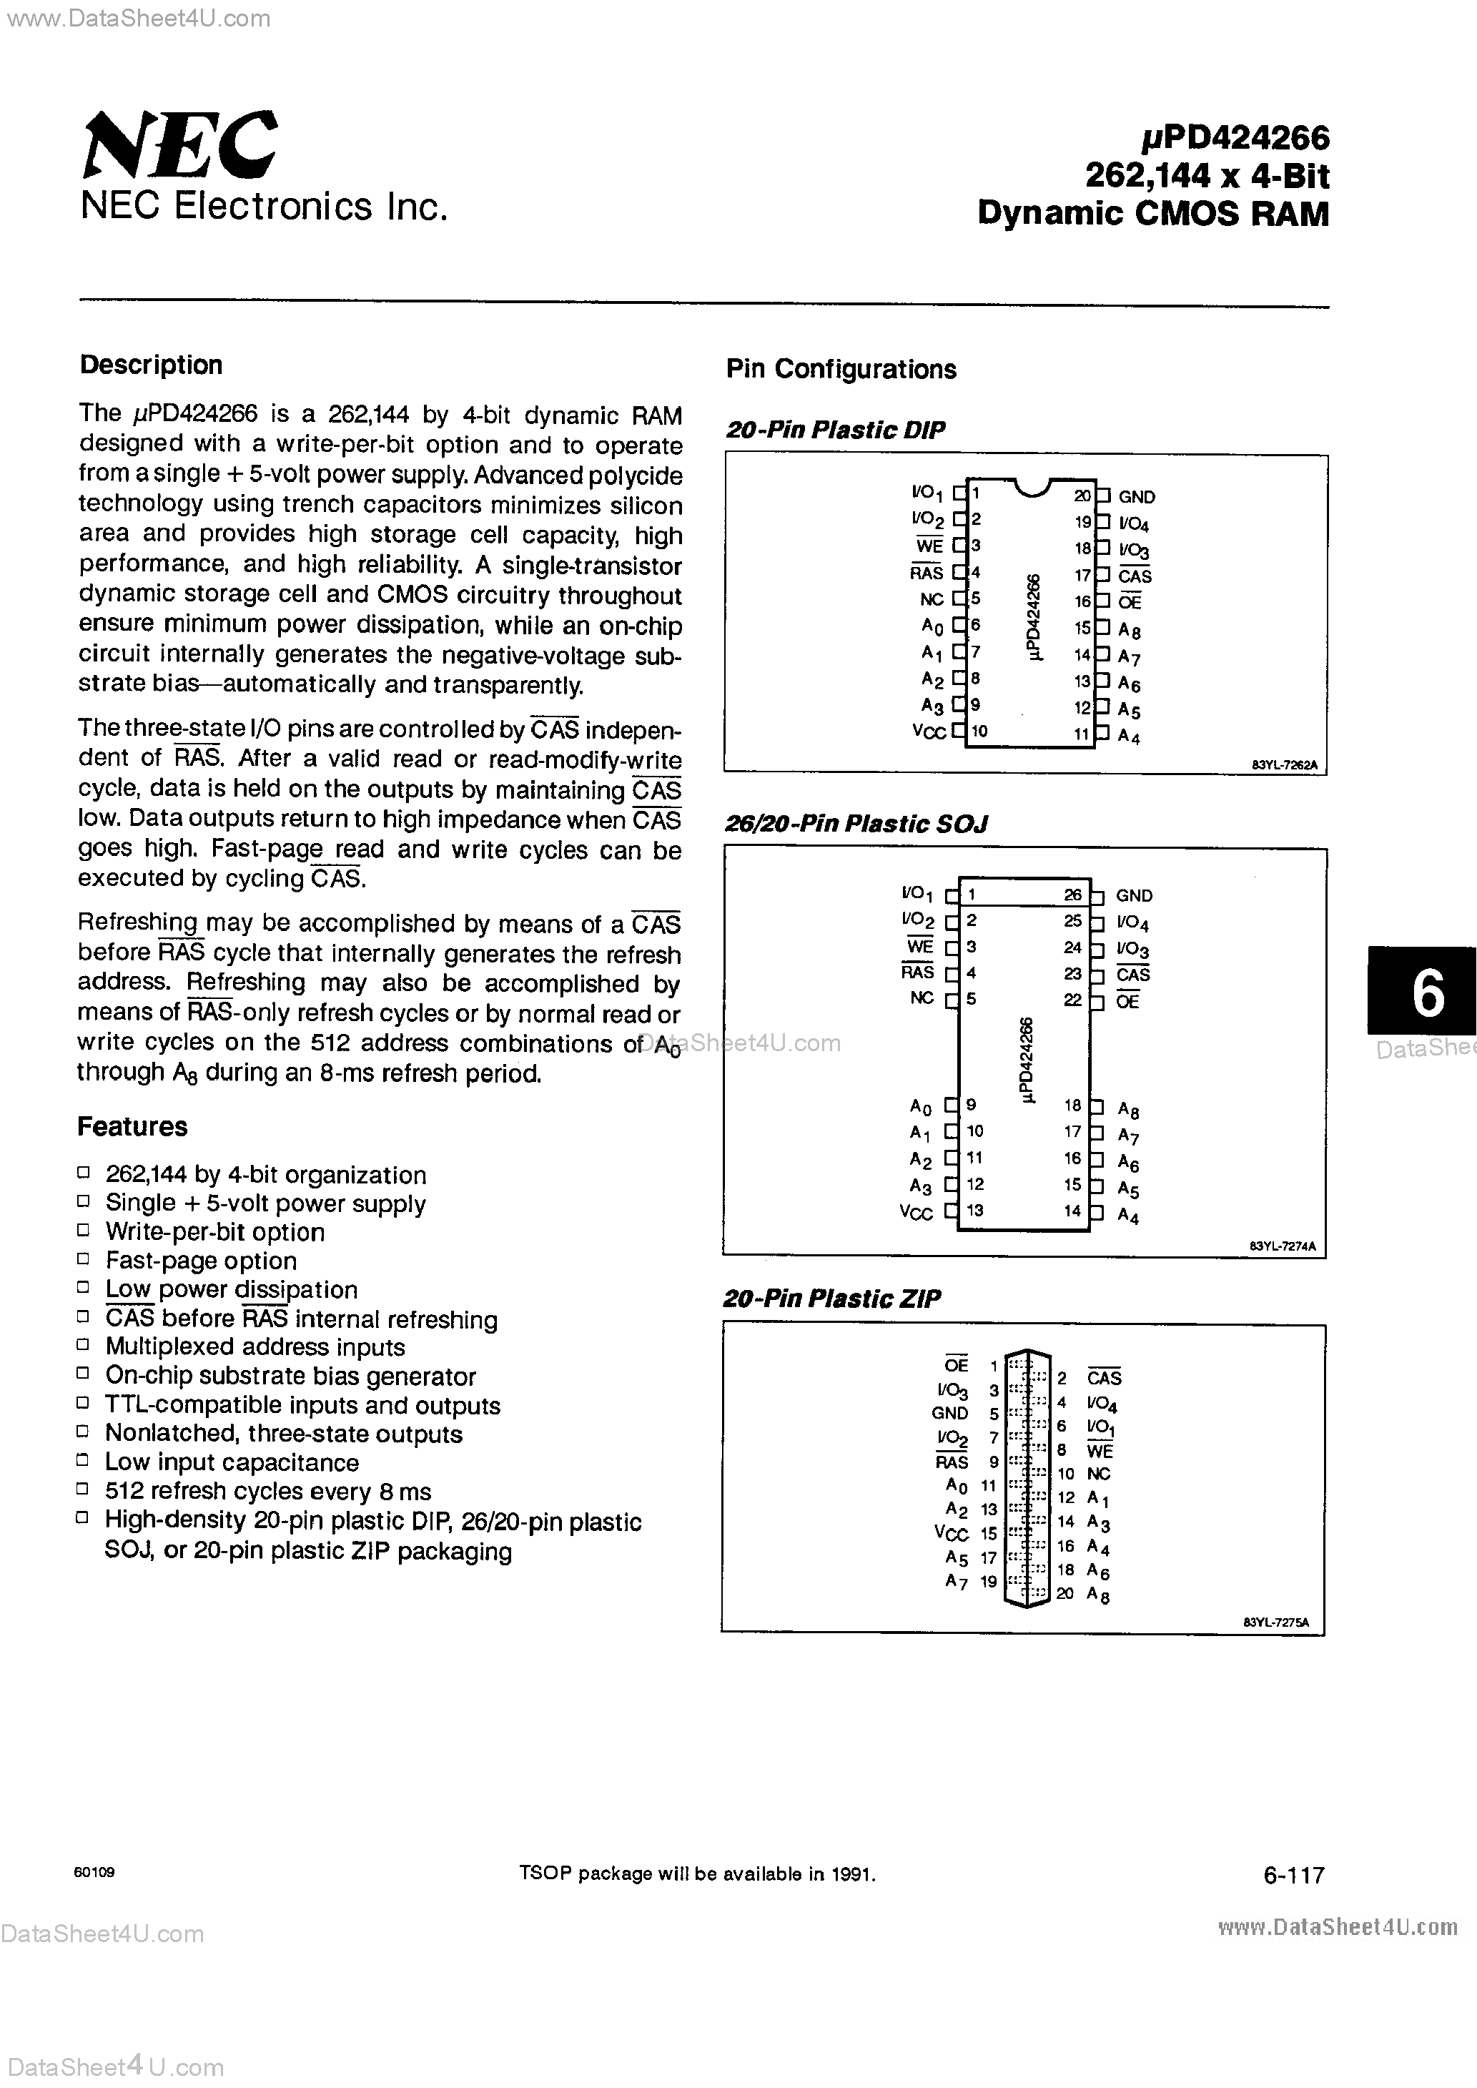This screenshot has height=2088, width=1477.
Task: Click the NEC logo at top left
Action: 180,145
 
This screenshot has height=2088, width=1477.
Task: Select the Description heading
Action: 151,365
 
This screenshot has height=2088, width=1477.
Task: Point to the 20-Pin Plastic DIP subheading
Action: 835,430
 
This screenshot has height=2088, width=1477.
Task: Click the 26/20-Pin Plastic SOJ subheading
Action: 856,824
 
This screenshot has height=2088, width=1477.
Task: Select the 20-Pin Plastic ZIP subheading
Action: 831,1299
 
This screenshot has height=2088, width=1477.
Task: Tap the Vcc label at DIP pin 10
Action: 929,732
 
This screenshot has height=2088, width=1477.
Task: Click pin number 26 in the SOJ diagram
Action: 1072,895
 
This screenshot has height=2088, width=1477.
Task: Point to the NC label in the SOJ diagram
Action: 922,998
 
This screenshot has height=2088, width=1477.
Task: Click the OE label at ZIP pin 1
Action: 956,1366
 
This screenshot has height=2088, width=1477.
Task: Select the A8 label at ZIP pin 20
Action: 1098,1594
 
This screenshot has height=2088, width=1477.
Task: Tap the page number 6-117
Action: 1293,1874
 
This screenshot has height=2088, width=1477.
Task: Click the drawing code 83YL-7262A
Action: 1284,766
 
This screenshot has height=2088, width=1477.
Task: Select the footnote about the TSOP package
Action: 696,1873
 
